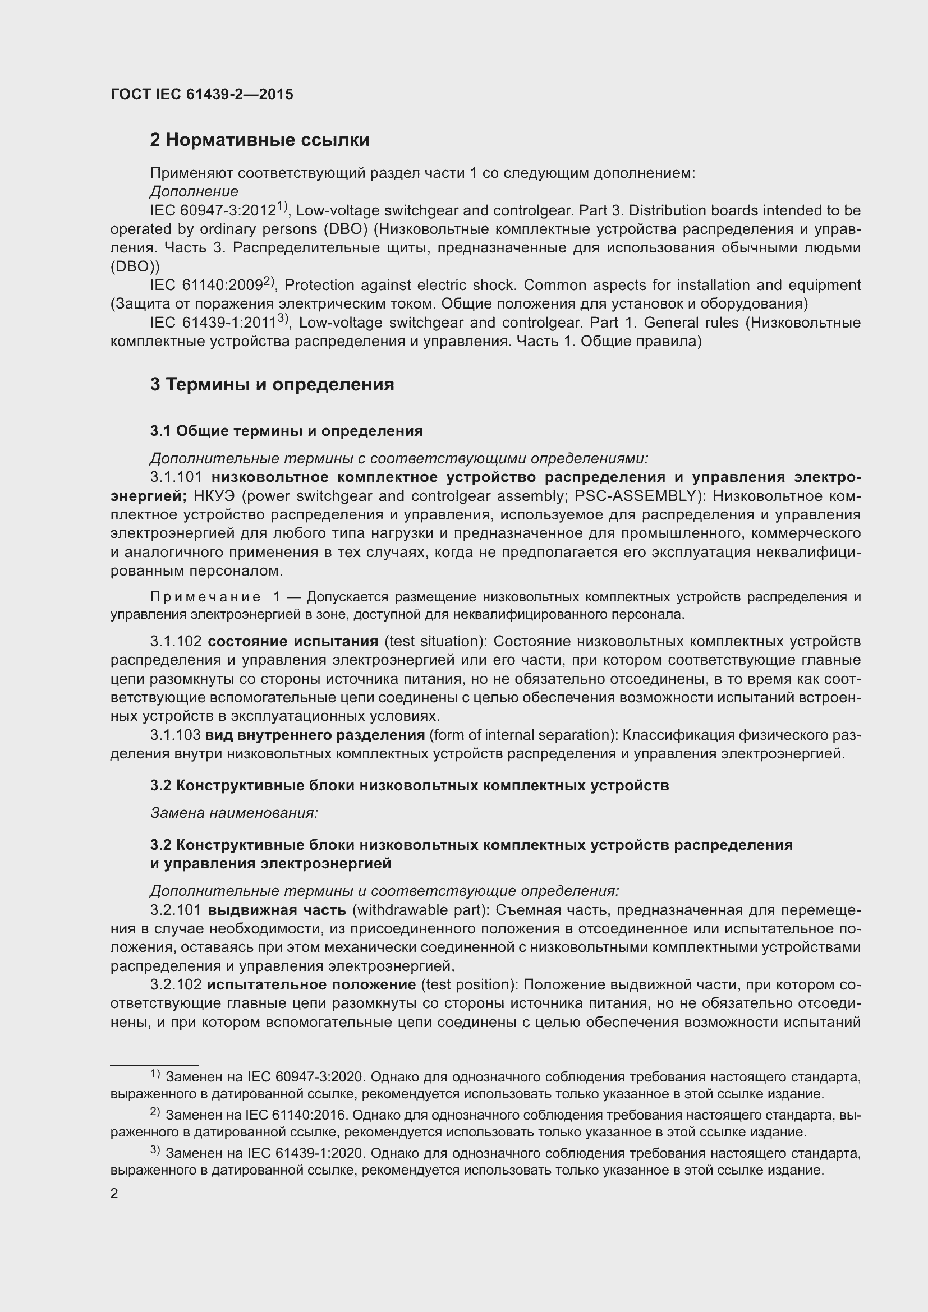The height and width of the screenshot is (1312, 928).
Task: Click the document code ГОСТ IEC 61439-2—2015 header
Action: [x=202, y=95]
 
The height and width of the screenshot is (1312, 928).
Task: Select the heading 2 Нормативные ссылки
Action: [x=259, y=140]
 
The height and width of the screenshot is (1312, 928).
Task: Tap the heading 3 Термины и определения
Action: [x=272, y=385]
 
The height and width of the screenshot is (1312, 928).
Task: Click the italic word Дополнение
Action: [x=194, y=191]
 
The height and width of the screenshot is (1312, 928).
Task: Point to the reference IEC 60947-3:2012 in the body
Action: [x=213, y=211]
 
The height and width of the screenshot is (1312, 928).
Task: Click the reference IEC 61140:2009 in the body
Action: [x=206, y=285]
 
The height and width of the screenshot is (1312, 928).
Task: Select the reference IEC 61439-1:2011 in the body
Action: [x=213, y=323]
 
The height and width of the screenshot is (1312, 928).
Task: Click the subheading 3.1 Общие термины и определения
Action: [x=286, y=431]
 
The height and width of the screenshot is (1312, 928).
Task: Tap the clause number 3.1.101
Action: [x=177, y=477]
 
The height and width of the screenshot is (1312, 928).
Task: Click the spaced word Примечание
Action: [x=205, y=597]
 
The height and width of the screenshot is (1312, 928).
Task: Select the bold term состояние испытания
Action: [x=292, y=642]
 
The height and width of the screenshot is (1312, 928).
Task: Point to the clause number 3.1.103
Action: [x=176, y=735]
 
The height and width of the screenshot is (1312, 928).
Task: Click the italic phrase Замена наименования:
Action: [x=234, y=813]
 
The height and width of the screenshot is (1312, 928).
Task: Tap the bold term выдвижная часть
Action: [x=277, y=910]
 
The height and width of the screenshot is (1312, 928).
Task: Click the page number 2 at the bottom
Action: [x=114, y=1194]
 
